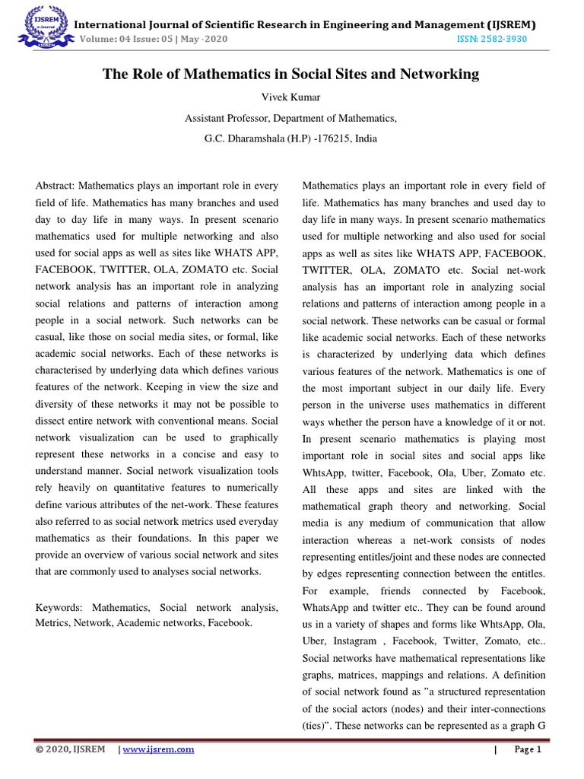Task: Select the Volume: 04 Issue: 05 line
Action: [x=152, y=39]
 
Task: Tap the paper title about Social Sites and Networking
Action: [x=291, y=74]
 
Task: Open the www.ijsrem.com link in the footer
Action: [x=158, y=749]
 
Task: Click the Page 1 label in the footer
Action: [x=527, y=749]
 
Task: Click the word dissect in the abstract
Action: [x=54, y=421]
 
